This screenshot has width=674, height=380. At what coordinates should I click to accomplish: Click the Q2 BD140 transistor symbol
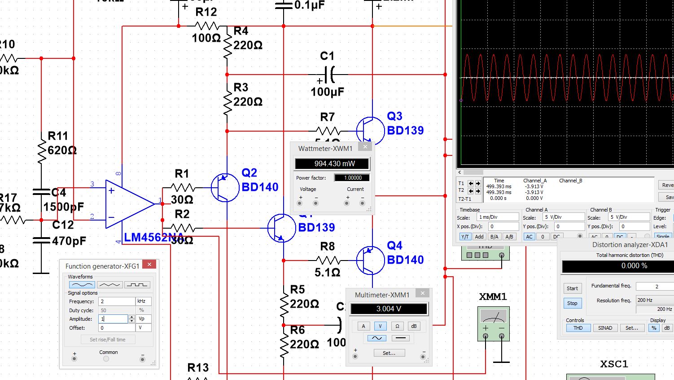225,188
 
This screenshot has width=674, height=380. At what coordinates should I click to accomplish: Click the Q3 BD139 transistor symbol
370,131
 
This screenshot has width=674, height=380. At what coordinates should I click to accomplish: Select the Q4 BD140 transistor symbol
370,260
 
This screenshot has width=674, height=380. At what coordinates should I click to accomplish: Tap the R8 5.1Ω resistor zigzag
328,260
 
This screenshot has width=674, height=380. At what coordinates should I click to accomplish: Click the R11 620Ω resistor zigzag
41,150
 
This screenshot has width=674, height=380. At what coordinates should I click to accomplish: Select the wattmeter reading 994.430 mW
332,163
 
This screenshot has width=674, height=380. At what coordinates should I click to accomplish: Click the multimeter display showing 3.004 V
389,309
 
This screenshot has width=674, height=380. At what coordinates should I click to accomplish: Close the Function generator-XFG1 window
149,265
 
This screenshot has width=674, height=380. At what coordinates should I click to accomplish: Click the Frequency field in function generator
116,301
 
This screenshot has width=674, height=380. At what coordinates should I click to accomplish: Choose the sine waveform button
82,285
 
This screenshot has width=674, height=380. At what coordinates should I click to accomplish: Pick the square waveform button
137,285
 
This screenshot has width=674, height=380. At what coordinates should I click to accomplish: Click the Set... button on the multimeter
389,353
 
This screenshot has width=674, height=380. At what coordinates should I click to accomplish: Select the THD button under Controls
578,328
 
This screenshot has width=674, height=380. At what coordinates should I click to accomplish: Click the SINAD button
605,328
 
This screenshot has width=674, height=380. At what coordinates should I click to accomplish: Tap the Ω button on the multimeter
397,326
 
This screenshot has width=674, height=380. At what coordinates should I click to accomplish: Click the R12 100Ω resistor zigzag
207,26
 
